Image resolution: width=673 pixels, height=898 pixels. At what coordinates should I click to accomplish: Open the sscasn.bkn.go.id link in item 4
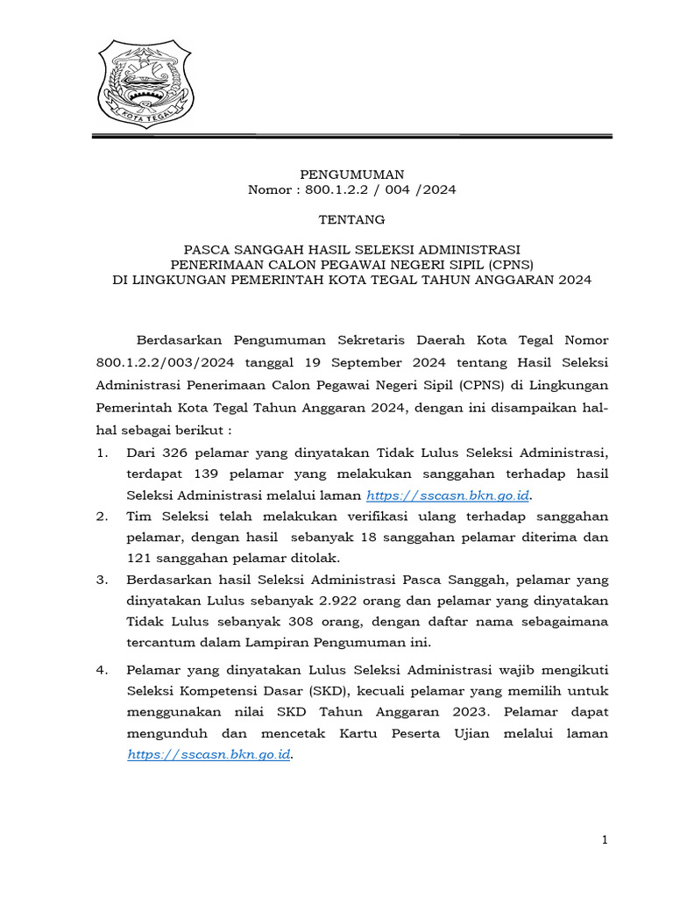point(209,754)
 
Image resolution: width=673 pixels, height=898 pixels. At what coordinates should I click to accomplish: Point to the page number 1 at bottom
point(605,841)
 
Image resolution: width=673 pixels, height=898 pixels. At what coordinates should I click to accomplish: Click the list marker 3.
point(103,580)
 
